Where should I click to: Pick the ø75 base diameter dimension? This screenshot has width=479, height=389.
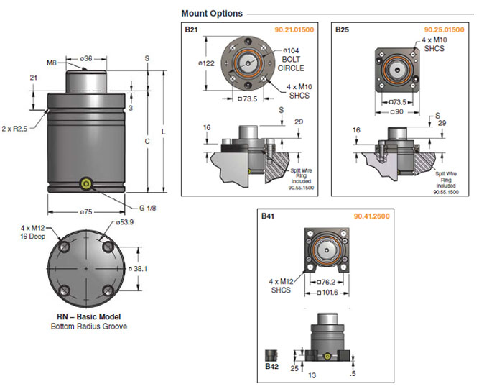(x=87, y=213)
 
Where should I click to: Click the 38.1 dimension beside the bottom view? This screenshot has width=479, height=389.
(x=141, y=268)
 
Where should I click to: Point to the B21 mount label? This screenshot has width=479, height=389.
(x=191, y=29)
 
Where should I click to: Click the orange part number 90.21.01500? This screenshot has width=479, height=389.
(x=294, y=29)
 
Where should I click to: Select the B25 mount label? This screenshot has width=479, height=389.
(x=342, y=29)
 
